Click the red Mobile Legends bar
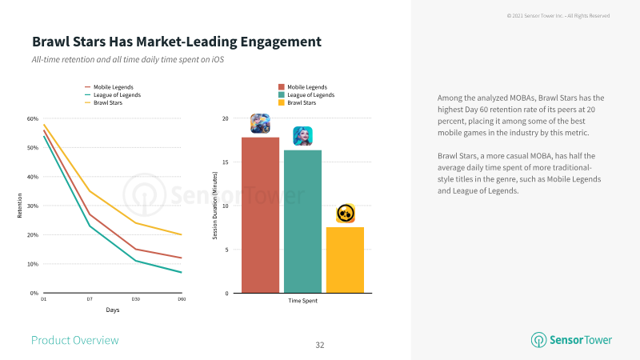(261, 215)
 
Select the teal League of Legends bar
(303, 222)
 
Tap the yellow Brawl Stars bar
(345, 260)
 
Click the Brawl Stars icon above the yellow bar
(346, 214)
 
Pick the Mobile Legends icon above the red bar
(261, 123)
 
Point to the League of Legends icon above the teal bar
(303, 136)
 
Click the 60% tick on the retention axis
(33, 118)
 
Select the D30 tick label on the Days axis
(136, 299)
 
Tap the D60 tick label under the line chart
(182, 299)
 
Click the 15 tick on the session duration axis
(226, 162)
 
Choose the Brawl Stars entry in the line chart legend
(104, 103)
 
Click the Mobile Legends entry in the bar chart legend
(303, 87)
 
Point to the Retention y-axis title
(19, 206)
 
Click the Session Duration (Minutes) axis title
(215, 206)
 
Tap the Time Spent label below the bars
(303, 301)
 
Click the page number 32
(320, 346)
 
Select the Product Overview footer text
(75, 341)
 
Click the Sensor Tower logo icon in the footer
(538, 340)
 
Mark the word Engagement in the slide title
(281, 42)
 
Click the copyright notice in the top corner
(558, 16)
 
